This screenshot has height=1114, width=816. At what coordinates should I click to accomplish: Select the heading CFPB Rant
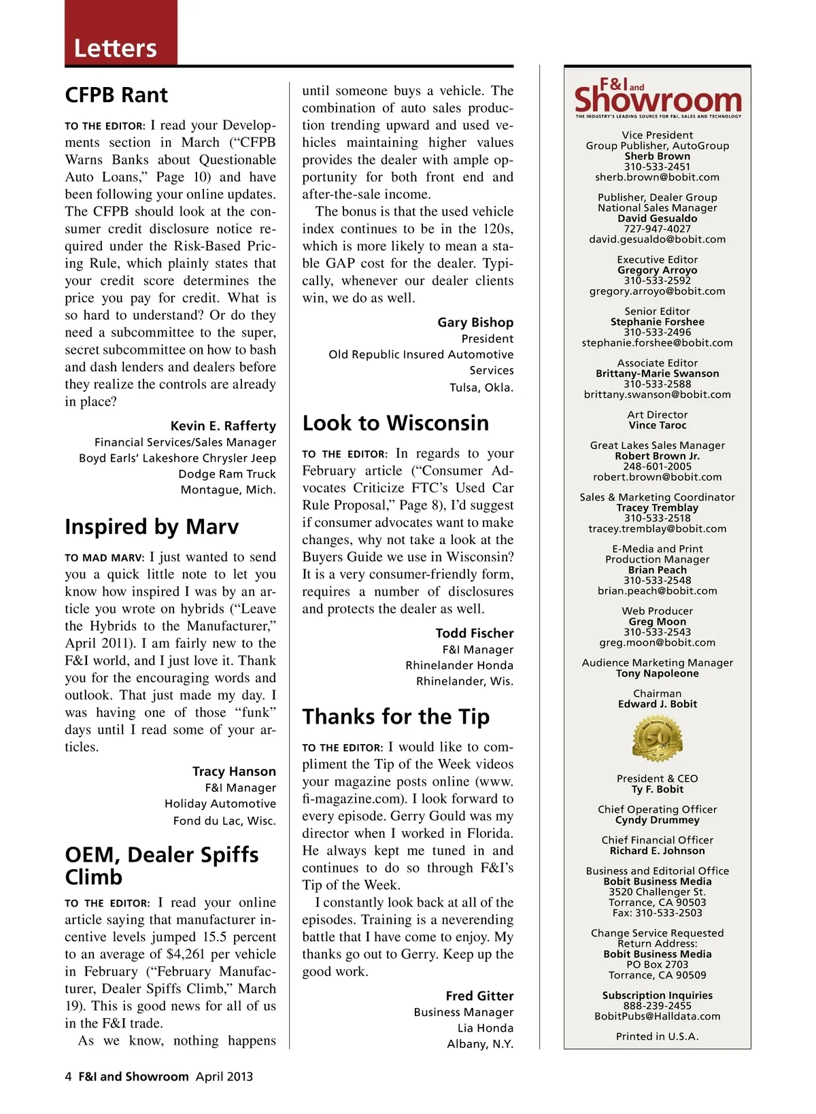[x=116, y=95]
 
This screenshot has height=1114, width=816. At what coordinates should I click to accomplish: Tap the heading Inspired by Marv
[x=152, y=527]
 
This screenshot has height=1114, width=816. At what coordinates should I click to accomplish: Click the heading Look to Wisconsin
[x=395, y=423]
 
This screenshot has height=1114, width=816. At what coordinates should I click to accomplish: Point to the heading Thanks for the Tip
[x=396, y=717]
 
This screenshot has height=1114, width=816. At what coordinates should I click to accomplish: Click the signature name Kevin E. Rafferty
[x=223, y=426]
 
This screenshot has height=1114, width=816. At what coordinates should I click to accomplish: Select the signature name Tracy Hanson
[x=234, y=771]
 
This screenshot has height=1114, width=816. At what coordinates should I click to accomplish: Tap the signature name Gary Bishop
[x=475, y=322]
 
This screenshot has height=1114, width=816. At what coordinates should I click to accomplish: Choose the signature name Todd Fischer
[x=475, y=633]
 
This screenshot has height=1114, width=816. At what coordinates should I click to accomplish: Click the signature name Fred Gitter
[x=479, y=996]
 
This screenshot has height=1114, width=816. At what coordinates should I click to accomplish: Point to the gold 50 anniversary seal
[x=658, y=739]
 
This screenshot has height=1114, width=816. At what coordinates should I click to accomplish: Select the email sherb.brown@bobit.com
[x=657, y=178]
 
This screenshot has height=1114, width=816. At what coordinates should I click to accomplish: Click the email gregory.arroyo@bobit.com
[x=657, y=291]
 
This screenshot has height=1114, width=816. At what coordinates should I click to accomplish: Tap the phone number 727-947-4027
[x=657, y=229]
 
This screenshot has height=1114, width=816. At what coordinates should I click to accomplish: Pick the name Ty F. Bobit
[x=657, y=790]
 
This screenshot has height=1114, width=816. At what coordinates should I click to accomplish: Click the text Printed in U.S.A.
[x=657, y=1036]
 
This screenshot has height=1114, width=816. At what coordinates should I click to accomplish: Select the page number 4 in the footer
[x=68, y=1077]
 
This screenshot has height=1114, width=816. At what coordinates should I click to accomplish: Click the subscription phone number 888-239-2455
[x=657, y=1006]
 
